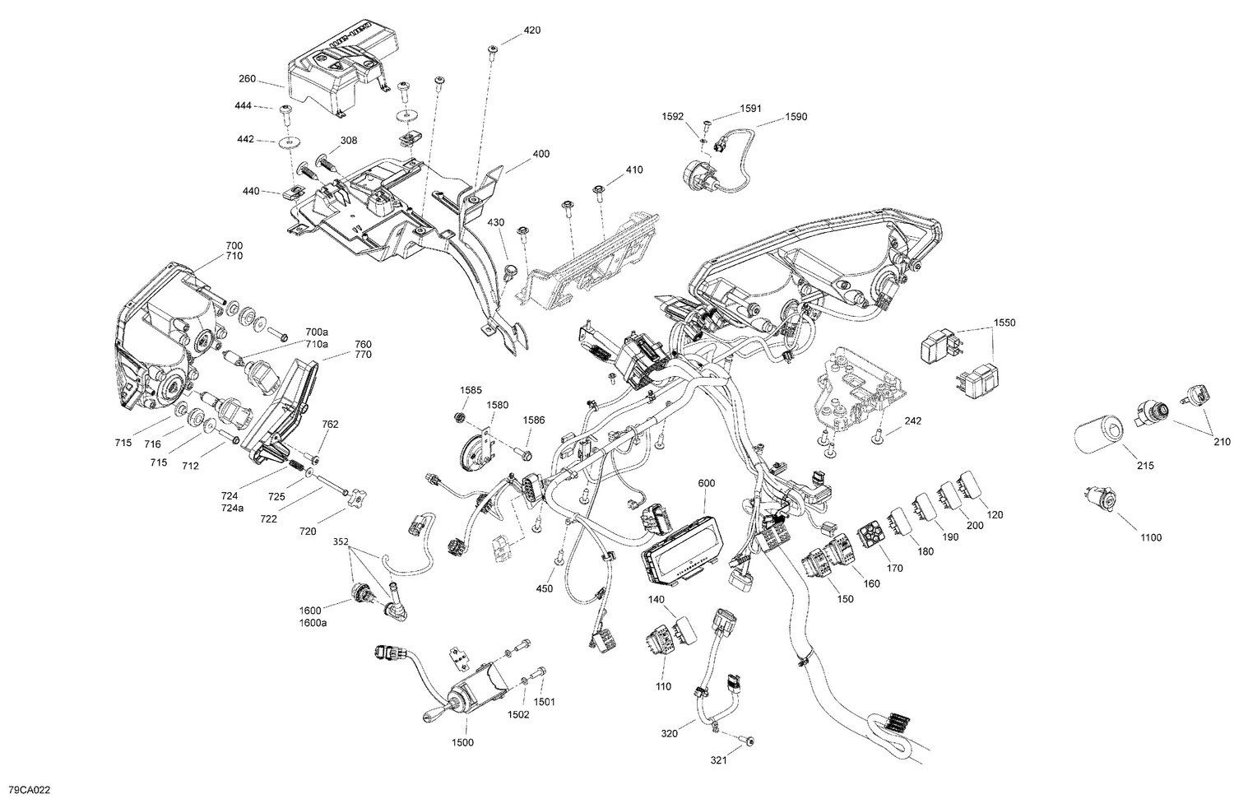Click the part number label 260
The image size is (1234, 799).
pyautogui.click(x=246, y=80)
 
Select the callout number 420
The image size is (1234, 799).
pyautogui.click(x=532, y=30)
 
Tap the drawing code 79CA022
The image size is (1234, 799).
pyautogui.click(x=26, y=790)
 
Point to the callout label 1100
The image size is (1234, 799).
pyautogui.click(x=1151, y=537)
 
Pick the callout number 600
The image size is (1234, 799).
pyautogui.click(x=707, y=483)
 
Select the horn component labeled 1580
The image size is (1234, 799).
pyautogui.click(x=473, y=449)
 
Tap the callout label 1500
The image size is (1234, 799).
pyautogui.click(x=462, y=742)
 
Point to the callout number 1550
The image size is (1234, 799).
pyautogui.click(x=1004, y=323)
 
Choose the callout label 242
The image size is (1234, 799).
pyautogui.click(x=912, y=421)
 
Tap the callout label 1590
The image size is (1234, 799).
pyautogui.click(x=796, y=117)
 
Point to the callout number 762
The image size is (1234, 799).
pyautogui.click(x=330, y=425)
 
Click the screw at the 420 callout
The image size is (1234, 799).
pyautogui.click(x=491, y=49)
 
